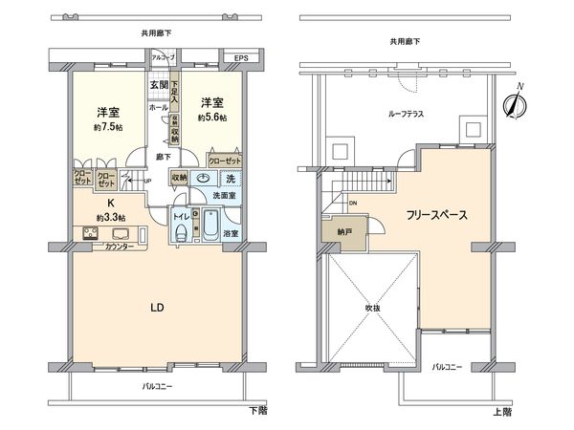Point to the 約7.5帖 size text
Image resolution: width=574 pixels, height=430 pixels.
click(106, 124)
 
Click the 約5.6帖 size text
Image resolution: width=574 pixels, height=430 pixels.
click(212, 118)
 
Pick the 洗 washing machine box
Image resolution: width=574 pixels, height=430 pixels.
click(230, 178)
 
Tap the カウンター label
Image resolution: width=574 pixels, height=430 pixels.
click(121, 247)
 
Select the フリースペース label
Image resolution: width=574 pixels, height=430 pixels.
click(435, 215)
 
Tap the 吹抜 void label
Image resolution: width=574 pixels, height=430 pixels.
click(372, 308)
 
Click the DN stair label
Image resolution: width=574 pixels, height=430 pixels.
click(352, 203)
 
